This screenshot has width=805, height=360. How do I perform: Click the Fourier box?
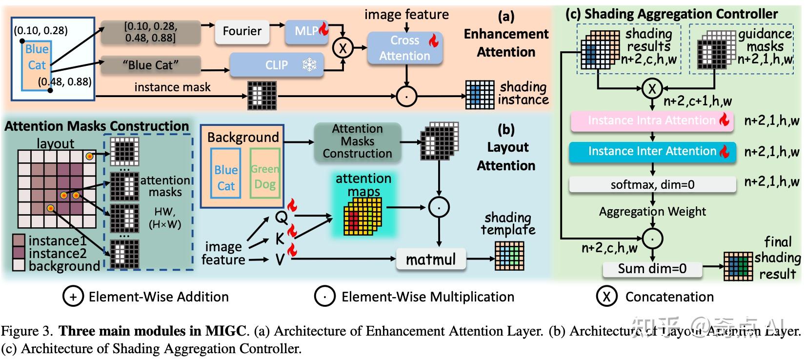pyautogui.click(x=242, y=31)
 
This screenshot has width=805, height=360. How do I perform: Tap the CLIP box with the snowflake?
pyautogui.click(x=277, y=65)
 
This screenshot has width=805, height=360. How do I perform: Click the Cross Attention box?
pyautogui.click(x=405, y=48)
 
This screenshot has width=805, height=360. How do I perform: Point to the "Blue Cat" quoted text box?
pyautogui.click(x=150, y=65)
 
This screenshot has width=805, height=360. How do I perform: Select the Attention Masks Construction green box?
pyautogui.click(x=357, y=141)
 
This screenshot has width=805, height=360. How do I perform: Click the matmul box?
pyautogui.click(x=431, y=259)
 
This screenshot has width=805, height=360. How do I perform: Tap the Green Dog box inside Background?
pyautogui.click(x=265, y=177)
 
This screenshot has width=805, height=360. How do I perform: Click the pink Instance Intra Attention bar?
pyautogui.click(x=652, y=121)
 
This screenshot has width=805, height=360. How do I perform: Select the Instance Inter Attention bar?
pyautogui.click(x=652, y=151)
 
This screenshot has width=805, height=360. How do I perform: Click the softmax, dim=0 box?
pyautogui.click(x=652, y=185)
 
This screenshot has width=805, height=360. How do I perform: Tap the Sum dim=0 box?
pyautogui.click(x=652, y=269)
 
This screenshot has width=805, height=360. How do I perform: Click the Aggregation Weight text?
pyautogui.click(x=652, y=211)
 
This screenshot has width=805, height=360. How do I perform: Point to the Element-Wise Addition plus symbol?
pyautogui.click(x=73, y=297)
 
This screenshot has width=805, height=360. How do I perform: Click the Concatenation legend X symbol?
pyautogui.click(x=606, y=297)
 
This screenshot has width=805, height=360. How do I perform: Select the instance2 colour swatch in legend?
pyautogui.click(x=19, y=253)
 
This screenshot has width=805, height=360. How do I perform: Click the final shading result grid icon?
pyautogui.click(x=738, y=266)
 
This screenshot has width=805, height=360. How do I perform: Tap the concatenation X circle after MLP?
pyautogui.click(x=342, y=48)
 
